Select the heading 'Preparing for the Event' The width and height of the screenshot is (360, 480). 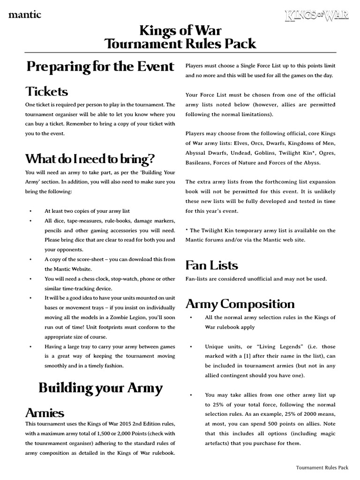coord(100,67)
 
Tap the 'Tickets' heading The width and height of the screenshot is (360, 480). coord(47,90)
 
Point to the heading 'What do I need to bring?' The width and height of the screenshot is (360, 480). coord(90,158)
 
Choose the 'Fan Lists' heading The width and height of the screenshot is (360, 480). coord(211,265)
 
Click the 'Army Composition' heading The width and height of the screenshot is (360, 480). coord(240,304)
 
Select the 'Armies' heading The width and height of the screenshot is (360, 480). coord(45,412)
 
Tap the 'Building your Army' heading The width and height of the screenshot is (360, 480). coord(100,388)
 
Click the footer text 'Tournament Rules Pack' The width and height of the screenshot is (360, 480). coord(322,467)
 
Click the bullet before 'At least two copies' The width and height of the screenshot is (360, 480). coord(30,211)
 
